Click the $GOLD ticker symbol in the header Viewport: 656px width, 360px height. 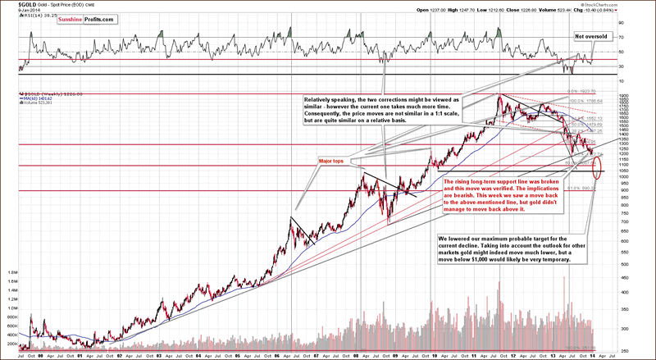11,4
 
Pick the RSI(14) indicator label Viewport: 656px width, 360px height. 35,16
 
